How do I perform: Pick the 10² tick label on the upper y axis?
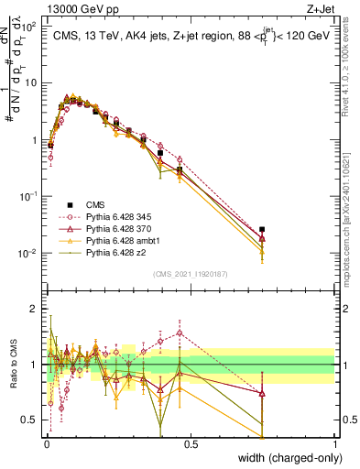pyautogui.click(x=30, y=27)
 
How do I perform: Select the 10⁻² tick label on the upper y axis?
pyautogui.click(x=30, y=253)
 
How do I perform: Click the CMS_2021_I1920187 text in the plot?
pyautogui.click(x=191, y=273)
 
